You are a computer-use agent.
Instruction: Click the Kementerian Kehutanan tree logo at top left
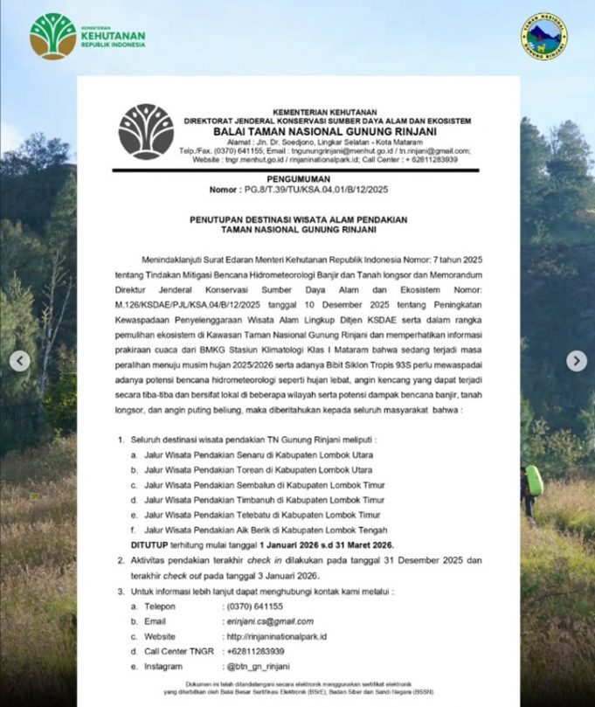click(x=53, y=35)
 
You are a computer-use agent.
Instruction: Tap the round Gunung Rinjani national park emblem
click(x=543, y=35)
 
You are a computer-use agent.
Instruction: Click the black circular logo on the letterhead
click(x=146, y=132)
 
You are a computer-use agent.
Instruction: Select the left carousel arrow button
click(x=20, y=360)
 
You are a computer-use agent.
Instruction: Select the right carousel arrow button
click(x=576, y=360)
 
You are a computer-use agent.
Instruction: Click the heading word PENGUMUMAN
click(x=298, y=177)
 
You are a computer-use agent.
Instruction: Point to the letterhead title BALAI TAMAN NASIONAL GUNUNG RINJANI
click(x=324, y=130)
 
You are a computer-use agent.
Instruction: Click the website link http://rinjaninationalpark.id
click(x=276, y=636)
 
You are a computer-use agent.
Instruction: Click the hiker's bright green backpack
click(x=534, y=480)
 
